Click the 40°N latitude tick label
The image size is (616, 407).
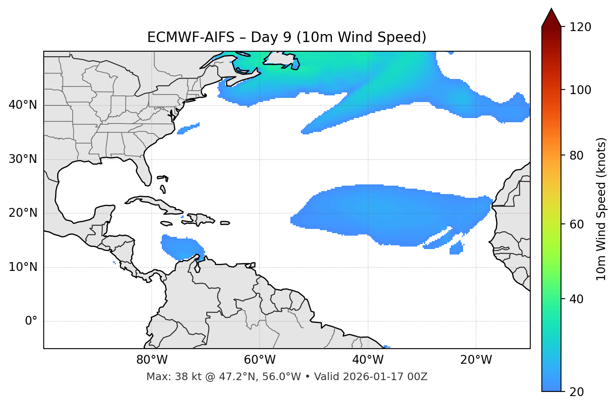point(23,105)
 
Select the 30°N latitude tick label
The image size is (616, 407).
point(23,159)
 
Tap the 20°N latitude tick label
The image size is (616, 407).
point(23,213)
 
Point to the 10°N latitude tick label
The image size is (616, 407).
point(23,267)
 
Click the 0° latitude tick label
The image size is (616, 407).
point(31,321)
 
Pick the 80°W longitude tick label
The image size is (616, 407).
point(152,360)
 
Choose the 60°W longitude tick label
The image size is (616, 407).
point(260,360)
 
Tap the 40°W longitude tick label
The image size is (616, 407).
point(368,360)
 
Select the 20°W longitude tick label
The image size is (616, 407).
point(476,360)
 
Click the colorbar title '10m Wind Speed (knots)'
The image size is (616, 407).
point(601,209)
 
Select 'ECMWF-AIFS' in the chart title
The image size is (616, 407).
point(191,37)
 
